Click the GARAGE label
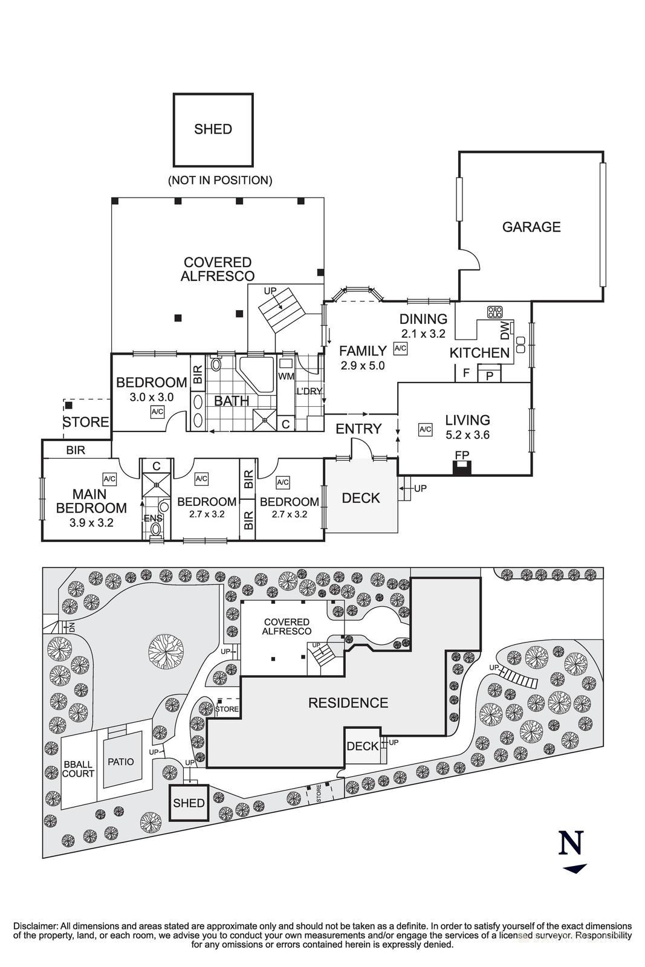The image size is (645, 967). (531, 227)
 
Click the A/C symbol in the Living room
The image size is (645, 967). (425, 430)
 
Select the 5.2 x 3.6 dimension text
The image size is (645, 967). (467, 435)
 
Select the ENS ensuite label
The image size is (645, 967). (152, 518)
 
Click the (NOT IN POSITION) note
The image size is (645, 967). (219, 180)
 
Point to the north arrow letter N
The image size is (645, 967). (571, 842)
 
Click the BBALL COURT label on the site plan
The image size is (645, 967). (79, 769)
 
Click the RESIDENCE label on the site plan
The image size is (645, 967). (348, 703)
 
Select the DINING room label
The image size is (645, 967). (423, 319)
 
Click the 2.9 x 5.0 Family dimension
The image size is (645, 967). (362, 366)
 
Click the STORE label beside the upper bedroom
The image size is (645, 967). (86, 422)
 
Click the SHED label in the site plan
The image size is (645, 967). (189, 803)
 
